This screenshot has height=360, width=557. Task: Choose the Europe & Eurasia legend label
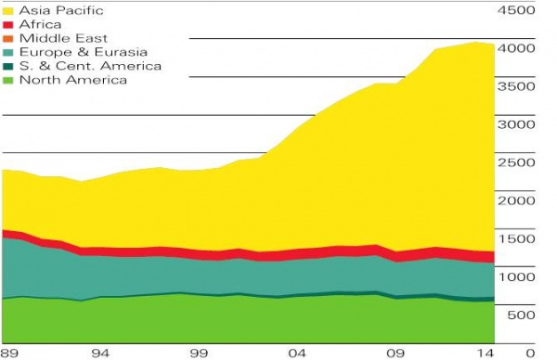79,52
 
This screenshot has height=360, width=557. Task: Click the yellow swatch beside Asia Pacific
8,10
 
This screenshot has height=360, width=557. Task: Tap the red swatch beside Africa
8,24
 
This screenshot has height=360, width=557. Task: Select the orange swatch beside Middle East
8,38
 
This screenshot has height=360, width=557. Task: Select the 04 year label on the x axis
297,353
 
